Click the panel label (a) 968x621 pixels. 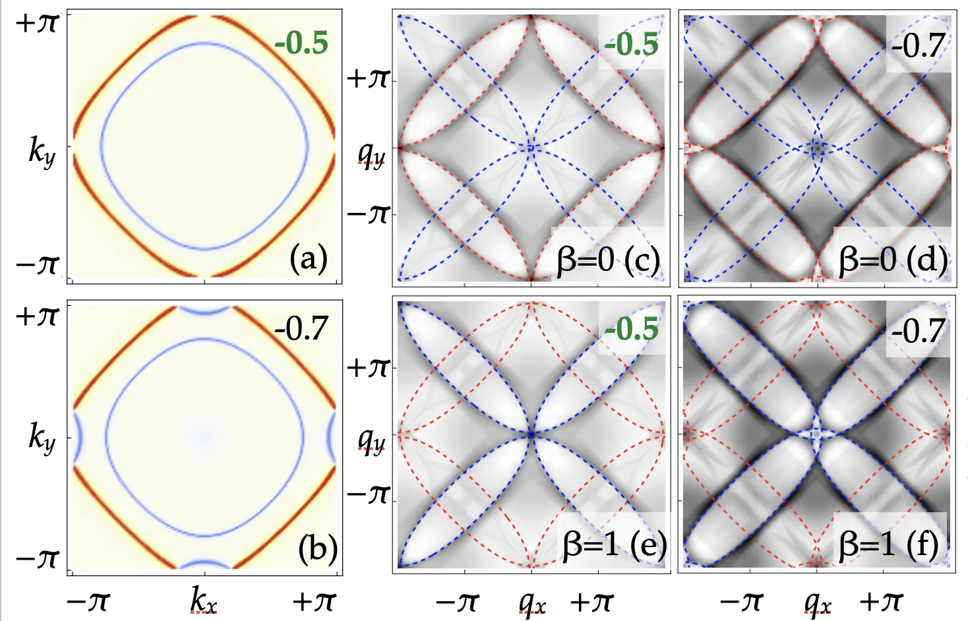tap(309, 259)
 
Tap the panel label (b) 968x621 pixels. tap(318, 551)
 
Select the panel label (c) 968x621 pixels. tap(642, 260)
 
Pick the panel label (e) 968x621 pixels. tap(649, 544)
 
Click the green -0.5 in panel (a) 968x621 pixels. tap(301, 44)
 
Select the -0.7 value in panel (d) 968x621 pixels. tap(918, 45)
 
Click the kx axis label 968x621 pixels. tap(204, 603)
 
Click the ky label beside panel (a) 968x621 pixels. tap(42, 153)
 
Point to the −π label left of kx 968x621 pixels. tap(88, 601)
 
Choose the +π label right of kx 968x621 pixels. tap(315, 601)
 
